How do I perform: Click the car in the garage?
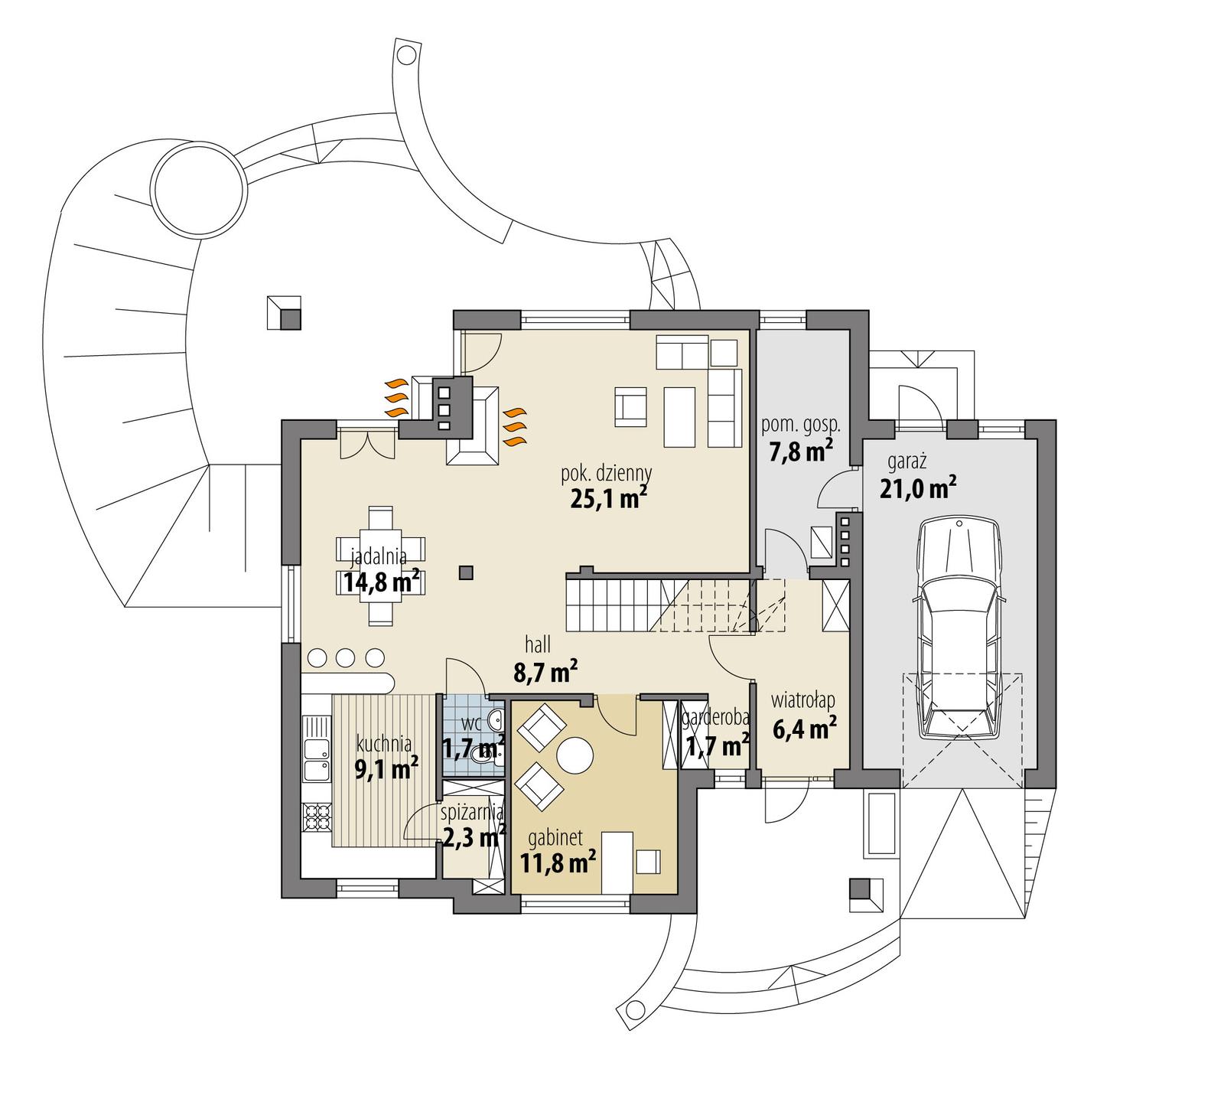[959, 628]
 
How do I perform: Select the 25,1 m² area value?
[609, 499]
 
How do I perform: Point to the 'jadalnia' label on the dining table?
[379, 556]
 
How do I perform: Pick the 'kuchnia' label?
[384, 743]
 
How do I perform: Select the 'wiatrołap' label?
[803, 699]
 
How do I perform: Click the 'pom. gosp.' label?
[801, 424]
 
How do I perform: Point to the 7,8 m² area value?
[801, 452]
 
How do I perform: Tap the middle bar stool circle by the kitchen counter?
[345, 657]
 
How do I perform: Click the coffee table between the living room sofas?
[678, 417]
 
